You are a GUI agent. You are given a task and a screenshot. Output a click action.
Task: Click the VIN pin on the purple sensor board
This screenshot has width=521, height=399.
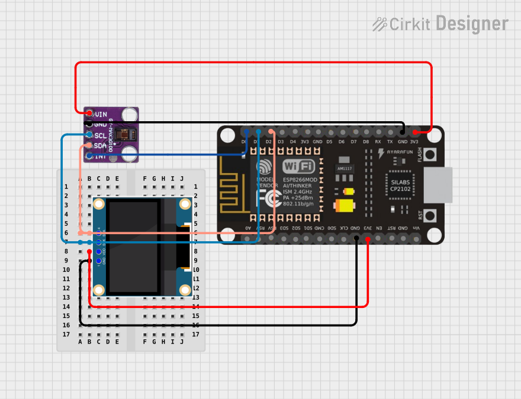point(89,113)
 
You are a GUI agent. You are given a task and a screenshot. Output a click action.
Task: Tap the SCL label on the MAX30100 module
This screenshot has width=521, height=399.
point(101,135)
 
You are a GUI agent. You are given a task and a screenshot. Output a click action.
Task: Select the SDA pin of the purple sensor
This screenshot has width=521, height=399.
point(89,145)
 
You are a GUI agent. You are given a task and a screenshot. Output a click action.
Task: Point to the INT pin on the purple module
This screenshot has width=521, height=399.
point(89,156)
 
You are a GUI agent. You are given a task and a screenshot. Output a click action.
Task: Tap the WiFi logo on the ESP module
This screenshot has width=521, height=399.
point(299,166)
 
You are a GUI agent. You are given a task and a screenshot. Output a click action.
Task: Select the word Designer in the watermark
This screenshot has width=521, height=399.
point(472,24)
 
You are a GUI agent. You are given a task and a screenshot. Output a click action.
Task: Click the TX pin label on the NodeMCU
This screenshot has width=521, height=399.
point(390,142)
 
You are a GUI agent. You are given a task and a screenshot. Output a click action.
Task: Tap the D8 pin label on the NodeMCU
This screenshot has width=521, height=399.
point(366,142)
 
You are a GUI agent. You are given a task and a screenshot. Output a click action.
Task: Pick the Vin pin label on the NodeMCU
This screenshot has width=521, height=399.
point(415,228)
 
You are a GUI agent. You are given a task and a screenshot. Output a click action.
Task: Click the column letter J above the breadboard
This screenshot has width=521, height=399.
point(182,178)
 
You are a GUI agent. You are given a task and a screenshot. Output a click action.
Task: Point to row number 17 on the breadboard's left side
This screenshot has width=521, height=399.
point(66,335)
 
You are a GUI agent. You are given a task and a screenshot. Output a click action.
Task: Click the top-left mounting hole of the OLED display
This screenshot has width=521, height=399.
point(99,205)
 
